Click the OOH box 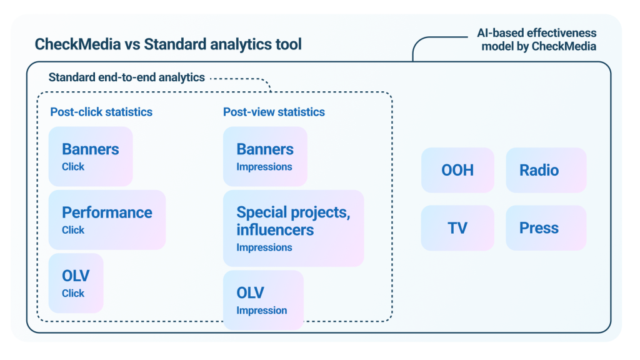(x=457, y=170)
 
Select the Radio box (x=546, y=170)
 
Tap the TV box (x=457, y=227)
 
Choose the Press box (x=546, y=227)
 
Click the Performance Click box (x=107, y=220)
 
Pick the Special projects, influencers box (x=294, y=229)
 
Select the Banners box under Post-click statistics (x=91, y=156)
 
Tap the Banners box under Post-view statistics (x=265, y=156)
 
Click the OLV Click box (x=76, y=283)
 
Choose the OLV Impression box (x=263, y=300)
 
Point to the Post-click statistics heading (x=101, y=112)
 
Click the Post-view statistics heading (x=274, y=112)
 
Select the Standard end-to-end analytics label (x=126, y=77)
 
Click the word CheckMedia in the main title (x=77, y=44)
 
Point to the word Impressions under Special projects (x=264, y=247)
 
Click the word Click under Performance (x=73, y=230)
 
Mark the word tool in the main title (x=289, y=44)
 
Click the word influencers (x=275, y=230)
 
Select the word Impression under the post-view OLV (x=262, y=311)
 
